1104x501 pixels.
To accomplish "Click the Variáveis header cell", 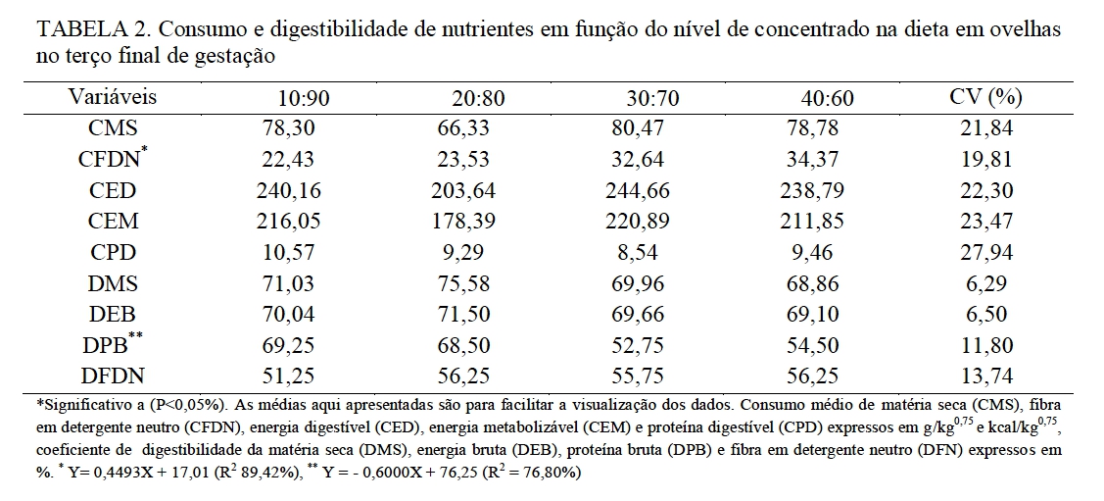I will [x=113, y=98].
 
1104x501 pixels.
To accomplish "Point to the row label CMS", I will [x=113, y=127].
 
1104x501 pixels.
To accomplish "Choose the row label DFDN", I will [x=113, y=375].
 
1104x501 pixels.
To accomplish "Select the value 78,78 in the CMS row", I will [x=816, y=127].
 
